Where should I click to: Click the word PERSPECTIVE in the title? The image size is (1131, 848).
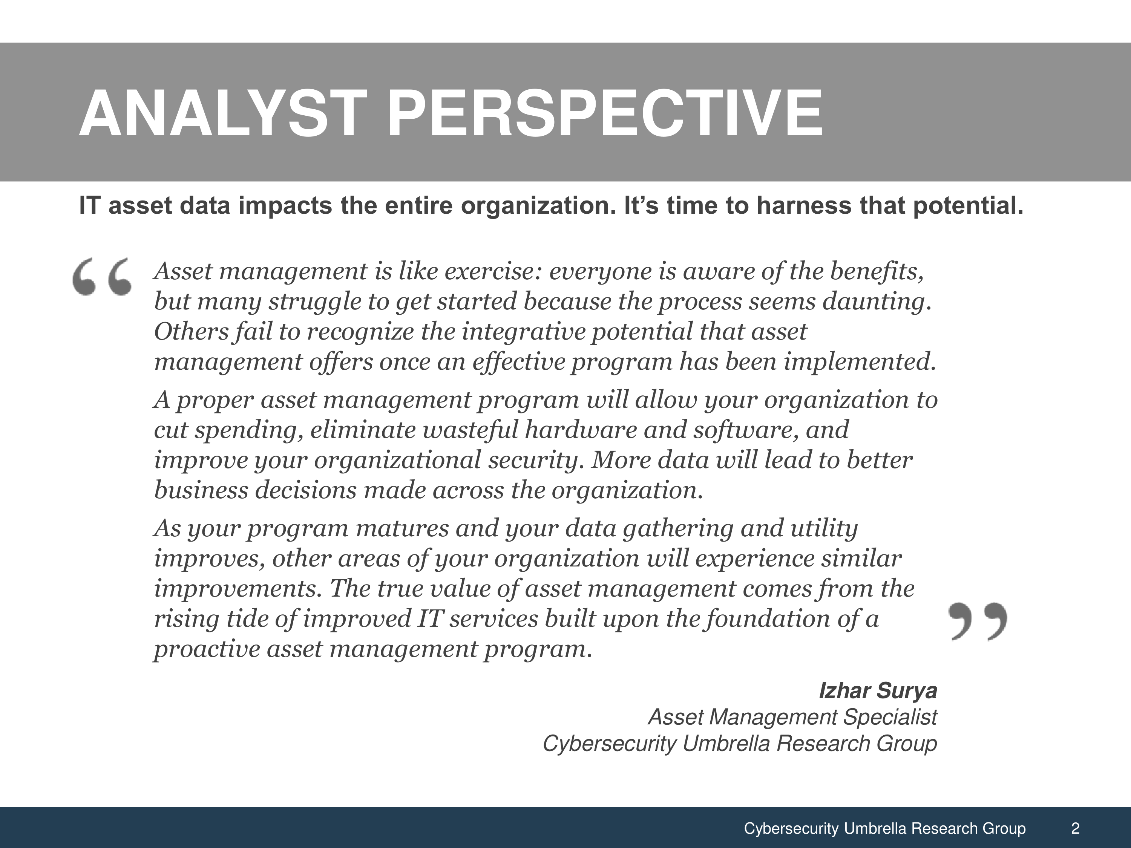pyautogui.click(x=605, y=113)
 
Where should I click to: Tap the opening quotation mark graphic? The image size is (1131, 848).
pyautogui.click(x=102, y=277)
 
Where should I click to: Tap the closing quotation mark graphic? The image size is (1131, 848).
pyautogui.click(x=978, y=621)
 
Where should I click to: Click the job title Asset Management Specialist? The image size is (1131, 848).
pyautogui.click(x=792, y=717)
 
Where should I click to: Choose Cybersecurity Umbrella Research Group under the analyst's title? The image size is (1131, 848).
pyautogui.click(x=740, y=744)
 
